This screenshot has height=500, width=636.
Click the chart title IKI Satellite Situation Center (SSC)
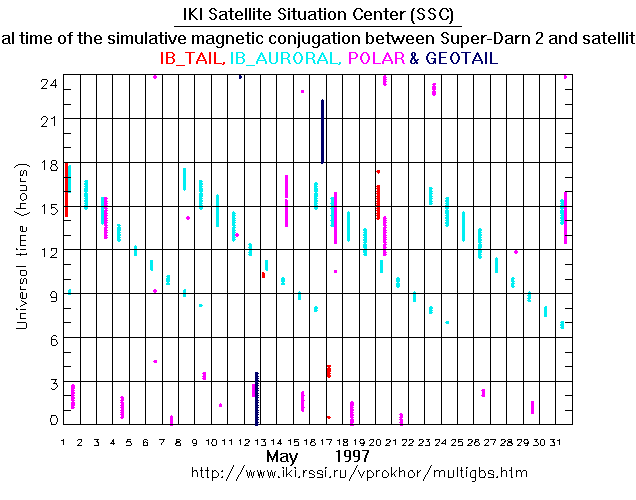318,15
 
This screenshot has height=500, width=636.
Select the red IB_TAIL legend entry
191,59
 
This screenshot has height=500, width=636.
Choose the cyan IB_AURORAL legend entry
283,59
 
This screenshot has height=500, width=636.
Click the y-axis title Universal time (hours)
20,249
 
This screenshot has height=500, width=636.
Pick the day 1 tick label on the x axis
63,441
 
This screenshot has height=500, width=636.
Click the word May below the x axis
283,456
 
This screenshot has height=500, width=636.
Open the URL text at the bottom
358,472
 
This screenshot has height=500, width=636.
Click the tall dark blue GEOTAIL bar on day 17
322,130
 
